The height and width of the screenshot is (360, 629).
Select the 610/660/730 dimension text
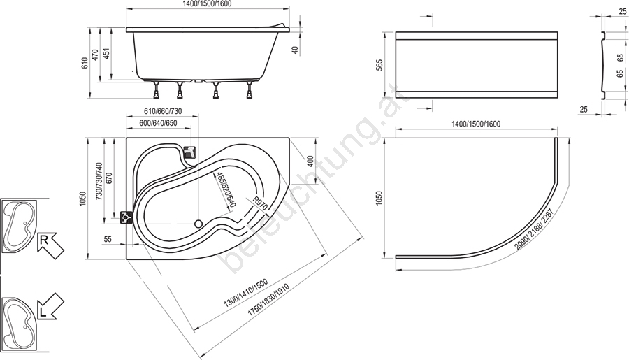coord(162,111)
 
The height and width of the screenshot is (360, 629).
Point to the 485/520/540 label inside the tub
coord(225,189)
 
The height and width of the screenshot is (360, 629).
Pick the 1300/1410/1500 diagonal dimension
coord(245,294)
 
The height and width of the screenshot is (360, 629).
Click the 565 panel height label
coord(380,65)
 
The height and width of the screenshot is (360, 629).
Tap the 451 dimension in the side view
coord(106,54)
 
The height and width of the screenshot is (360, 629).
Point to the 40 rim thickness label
coord(295,50)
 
